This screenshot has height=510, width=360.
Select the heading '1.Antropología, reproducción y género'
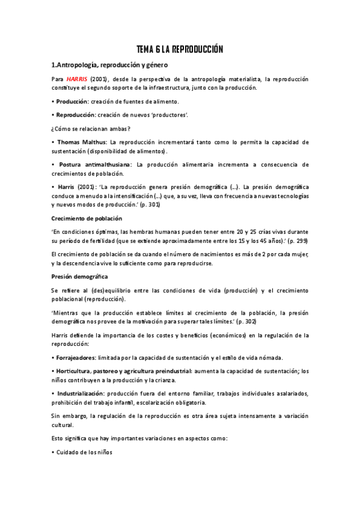pyautogui.click(x=109, y=64)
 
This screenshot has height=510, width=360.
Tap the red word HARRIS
pyautogui.click(x=76, y=79)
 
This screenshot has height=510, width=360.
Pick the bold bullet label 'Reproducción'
pyautogui.click(x=75, y=114)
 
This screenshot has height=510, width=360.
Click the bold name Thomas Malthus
pyautogui.click(x=78, y=142)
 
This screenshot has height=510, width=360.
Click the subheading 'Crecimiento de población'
pyautogui.click(x=87, y=218)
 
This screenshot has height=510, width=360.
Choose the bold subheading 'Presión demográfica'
pyautogui.click(x=79, y=276)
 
